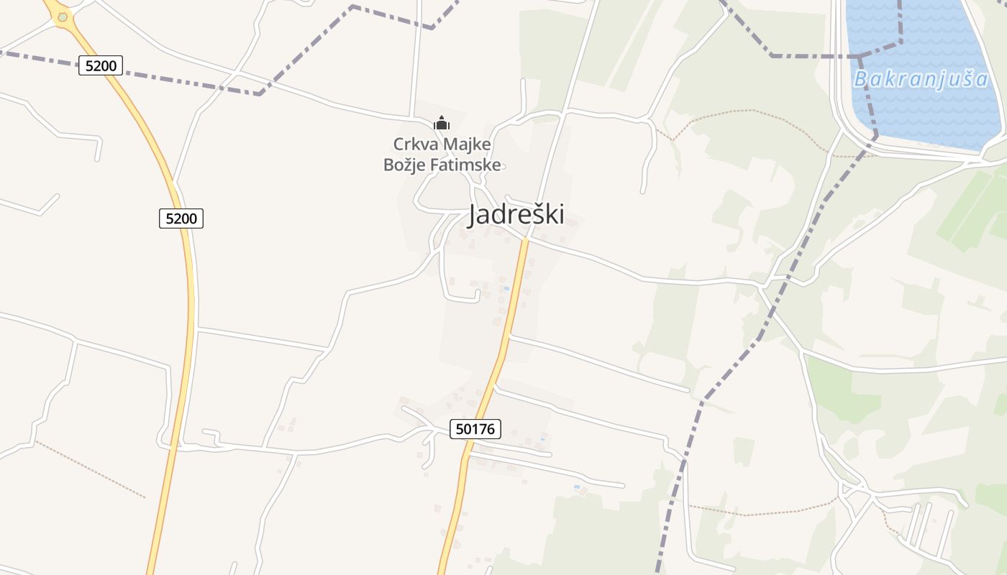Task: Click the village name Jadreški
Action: click(516, 214)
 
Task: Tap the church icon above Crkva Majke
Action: click(442, 123)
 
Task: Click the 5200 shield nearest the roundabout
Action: click(101, 66)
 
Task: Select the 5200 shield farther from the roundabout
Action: click(181, 218)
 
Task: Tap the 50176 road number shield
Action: click(475, 429)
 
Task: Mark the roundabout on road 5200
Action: click(63, 17)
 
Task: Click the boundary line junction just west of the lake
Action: click(859, 56)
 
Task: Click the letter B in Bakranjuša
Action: click(861, 79)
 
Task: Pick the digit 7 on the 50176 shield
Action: click(483, 429)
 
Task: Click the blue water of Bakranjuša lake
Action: click(928, 115)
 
